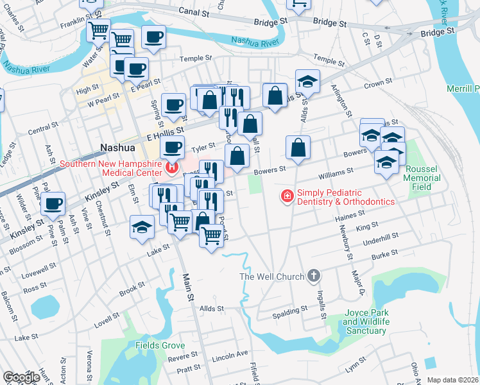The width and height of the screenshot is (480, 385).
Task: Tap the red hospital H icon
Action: pyautogui.click(x=171, y=169)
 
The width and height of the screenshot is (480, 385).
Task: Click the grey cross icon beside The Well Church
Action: pyautogui.click(x=313, y=277)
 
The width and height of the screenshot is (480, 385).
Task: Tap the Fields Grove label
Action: pyautogui.click(x=160, y=345)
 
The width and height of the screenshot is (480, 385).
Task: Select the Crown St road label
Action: pyautogui.click(x=377, y=83)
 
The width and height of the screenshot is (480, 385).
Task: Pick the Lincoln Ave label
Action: pyautogui.click(x=230, y=354)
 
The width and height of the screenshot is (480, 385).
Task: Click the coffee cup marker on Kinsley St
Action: pyautogui.click(x=54, y=203)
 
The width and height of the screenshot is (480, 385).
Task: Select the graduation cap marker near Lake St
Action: pyautogui.click(x=142, y=227)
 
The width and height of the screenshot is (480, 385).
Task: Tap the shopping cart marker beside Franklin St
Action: pyautogui.click(x=98, y=30)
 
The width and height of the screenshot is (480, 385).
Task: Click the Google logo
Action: pyautogui.click(x=22, y=377)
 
